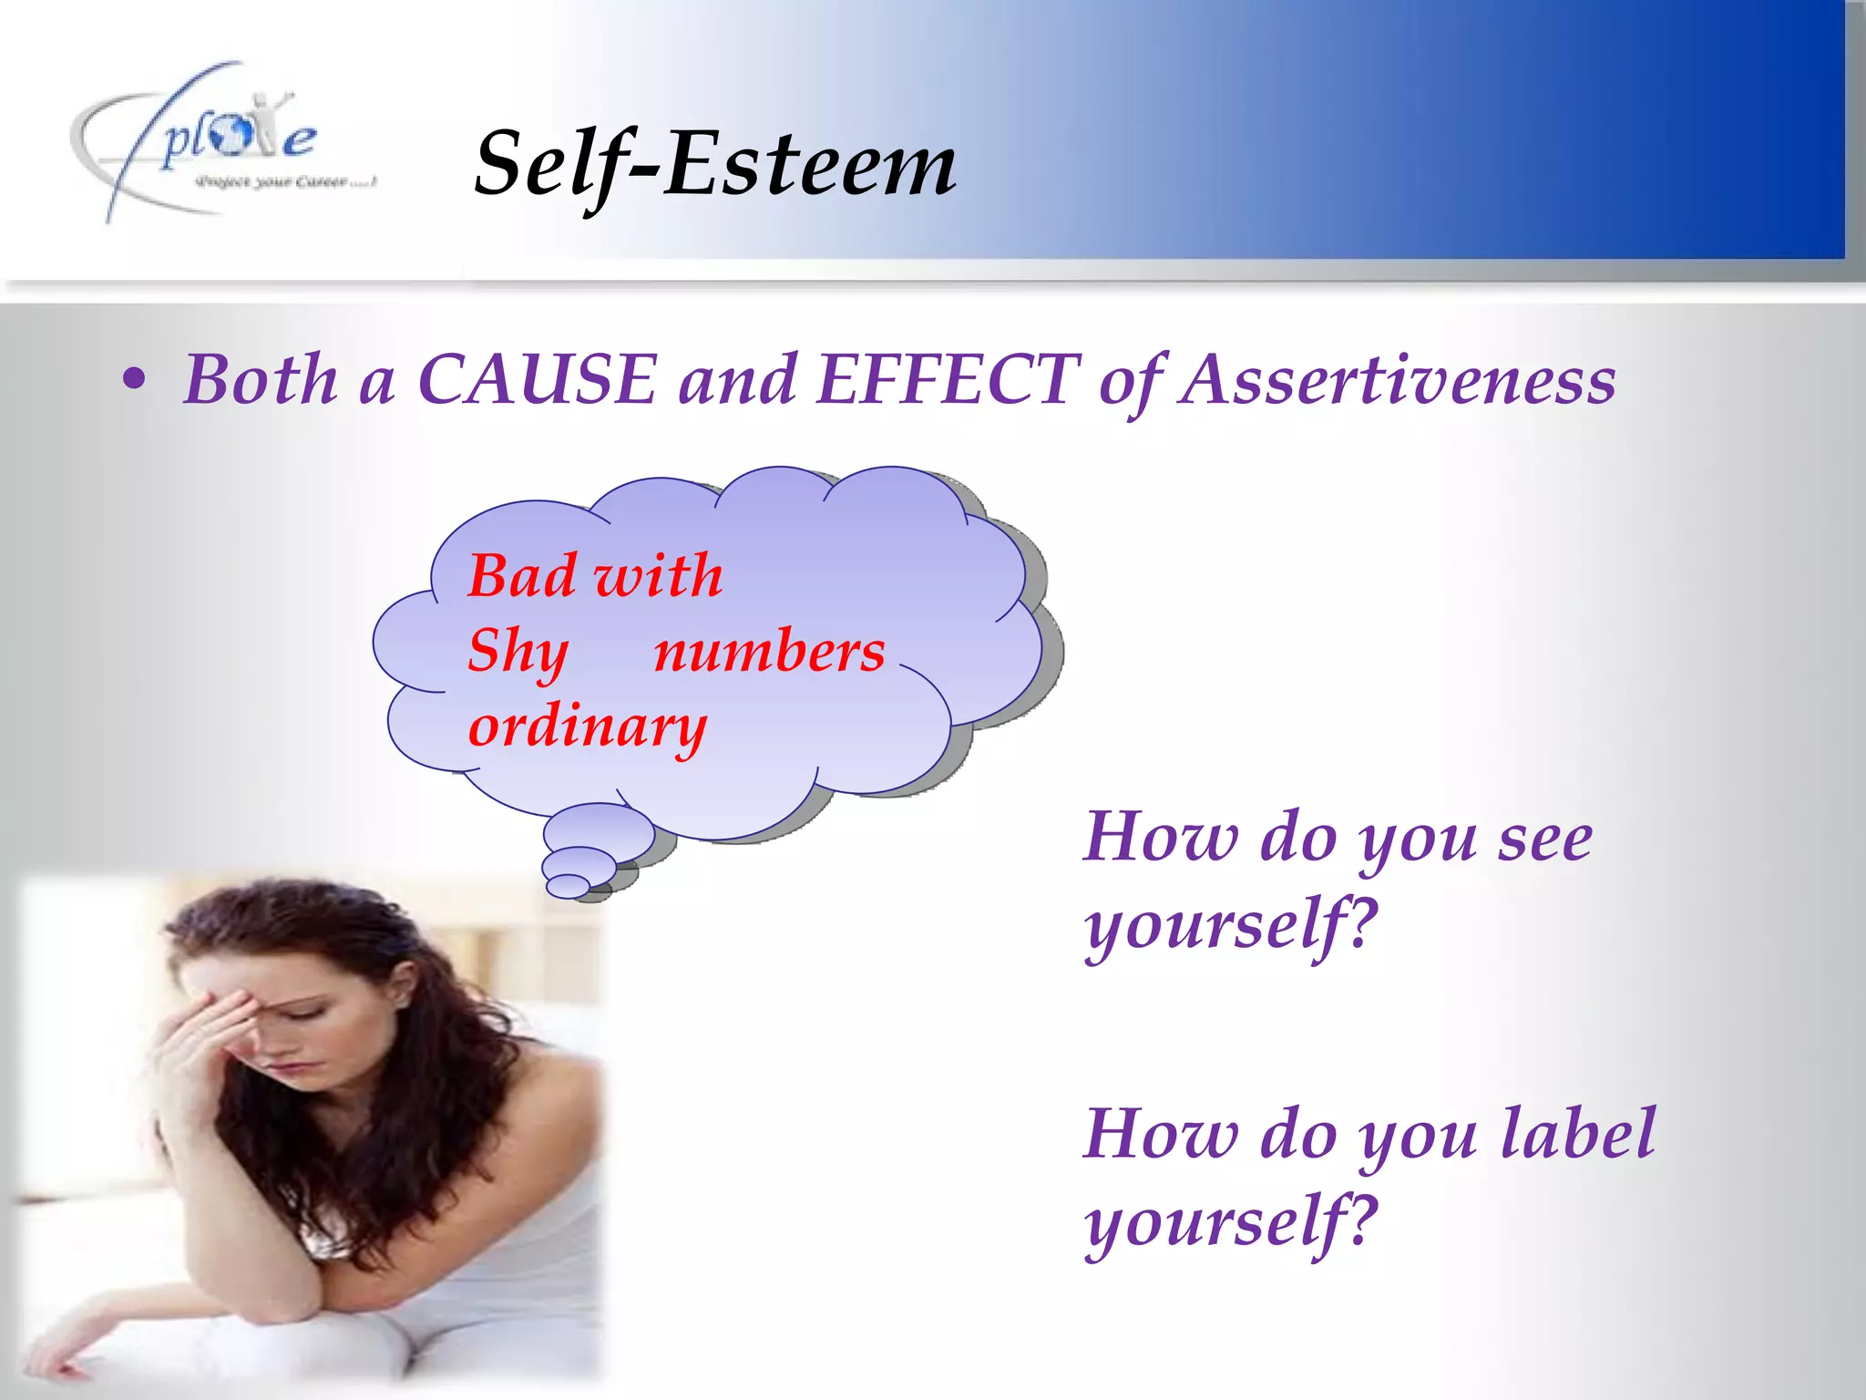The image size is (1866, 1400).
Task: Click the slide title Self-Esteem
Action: [715, 164]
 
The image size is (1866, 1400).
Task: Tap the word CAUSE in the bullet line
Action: [537, 379]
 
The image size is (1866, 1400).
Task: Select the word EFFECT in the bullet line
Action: [948, 379]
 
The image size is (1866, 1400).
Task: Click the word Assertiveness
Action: [1398, 379]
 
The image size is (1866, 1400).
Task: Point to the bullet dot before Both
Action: [134, 381]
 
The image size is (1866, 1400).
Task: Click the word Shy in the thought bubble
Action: [518, 653]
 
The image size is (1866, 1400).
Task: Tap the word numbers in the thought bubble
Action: [769, 651]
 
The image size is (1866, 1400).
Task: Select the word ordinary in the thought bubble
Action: [587, 727]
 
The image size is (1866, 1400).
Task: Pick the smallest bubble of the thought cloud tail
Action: [569, 885]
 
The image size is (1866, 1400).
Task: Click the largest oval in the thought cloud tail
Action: [599, 831]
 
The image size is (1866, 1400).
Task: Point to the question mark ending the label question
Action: [1359, 1220]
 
